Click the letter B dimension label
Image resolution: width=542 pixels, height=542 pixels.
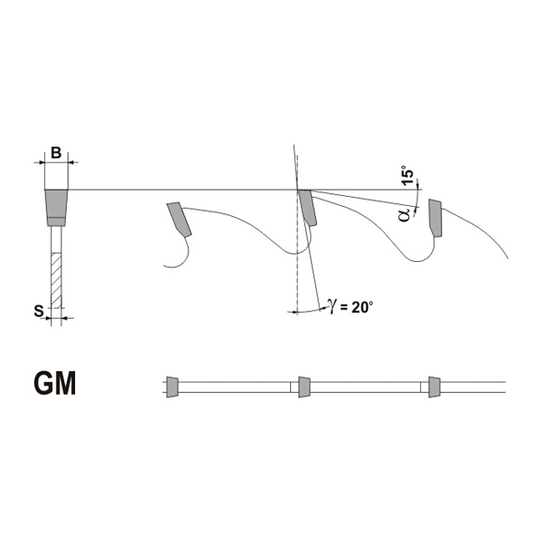click(56, 153)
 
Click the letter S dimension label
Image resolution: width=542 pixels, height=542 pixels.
click(38, 311)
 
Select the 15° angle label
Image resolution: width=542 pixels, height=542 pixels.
click(408, 178)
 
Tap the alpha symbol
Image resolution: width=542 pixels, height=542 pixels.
click(404, 214)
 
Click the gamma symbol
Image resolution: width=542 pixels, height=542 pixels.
click(332, 306)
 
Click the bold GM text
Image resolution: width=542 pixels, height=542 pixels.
click(55, 384)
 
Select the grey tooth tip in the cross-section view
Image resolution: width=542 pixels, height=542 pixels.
click(56, 208)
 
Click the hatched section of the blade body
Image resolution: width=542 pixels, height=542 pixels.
click(56, 280)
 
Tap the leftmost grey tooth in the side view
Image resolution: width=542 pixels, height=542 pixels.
click(179, 220)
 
